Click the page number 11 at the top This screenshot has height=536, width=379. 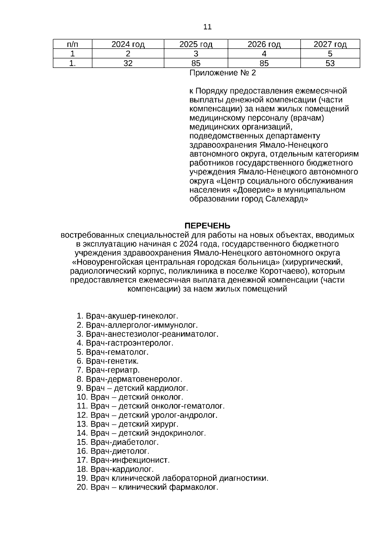[208, 27]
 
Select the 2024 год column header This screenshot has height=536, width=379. [128, 44]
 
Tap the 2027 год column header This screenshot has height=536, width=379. [330, 44]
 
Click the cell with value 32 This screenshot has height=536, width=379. [128, 63]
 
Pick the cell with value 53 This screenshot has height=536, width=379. [330, 63]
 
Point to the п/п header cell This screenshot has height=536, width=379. [72, 44]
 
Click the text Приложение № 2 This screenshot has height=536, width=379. [222, 73]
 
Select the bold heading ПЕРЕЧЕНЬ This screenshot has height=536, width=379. [207, 226]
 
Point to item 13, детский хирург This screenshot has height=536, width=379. [134, 424]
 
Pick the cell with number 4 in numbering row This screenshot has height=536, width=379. [264, 54]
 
